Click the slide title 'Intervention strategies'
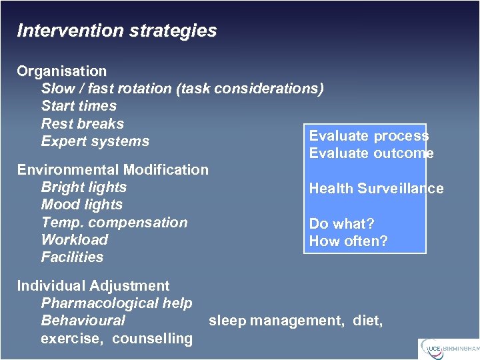[117, 31]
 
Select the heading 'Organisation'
[61, 71]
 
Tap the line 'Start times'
[79, 106]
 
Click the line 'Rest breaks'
[83, 123]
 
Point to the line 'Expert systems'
[95, 141]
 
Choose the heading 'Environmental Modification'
[113, 170]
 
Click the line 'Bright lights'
[83, 187]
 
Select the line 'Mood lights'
[81, 205]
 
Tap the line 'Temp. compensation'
[114, 223]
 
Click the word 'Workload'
[74, 240]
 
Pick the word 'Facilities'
[72, 257]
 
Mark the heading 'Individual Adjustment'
[93, 286]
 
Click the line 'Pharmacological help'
[117, 303]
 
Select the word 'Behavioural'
[83, 321]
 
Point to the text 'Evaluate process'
[369, 136]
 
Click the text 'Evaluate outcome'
[371, 153]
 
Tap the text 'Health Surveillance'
[376, 189]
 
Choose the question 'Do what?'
[341, 224]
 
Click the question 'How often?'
[348, 241]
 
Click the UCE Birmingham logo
[448, 348]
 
